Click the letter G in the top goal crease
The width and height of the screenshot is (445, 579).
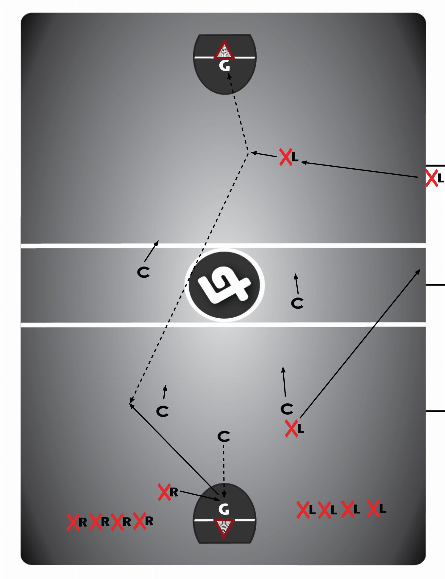[x=224, y=66]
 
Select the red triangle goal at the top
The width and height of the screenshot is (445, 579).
[x=224, y=49]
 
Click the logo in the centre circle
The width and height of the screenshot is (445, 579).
[x=224, y=285]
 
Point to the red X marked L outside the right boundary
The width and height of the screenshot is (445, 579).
[x=432, y=178]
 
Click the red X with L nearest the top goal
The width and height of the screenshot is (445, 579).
[x=286, y=157]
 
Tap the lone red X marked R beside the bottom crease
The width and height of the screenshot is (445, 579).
[x=164, y=492]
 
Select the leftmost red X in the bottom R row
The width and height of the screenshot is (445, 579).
[x=73, y=522]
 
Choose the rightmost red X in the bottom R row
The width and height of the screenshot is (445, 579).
[x=139, y=521]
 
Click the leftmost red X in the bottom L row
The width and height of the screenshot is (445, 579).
[x=303, y=510]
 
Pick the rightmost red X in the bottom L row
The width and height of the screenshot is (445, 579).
[x=373, y=508]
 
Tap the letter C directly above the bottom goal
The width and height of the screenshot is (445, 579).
[x=224, y=437]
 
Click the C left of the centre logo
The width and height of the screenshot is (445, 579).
[x=143, y=272]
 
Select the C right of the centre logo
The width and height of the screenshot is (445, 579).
[x=297, y=303]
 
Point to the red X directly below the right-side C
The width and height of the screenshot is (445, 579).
[x=291, y=429]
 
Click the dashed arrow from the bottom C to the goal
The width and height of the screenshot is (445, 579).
[x=224, y=471]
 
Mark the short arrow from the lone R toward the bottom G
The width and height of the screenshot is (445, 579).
[x=200, y=495]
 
